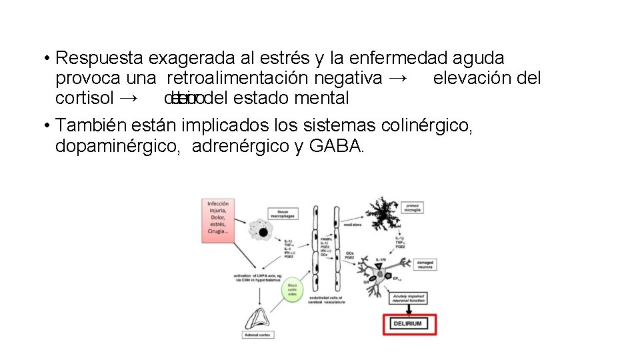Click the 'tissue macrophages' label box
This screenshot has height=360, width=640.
[x=279, y=213]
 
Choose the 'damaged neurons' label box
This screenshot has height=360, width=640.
[x=425, y=265]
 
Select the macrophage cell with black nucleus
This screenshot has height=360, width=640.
[x=261, y=232]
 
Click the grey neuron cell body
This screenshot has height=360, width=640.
[x=380, y=270]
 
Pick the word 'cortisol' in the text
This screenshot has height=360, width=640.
[x=83, y=98]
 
